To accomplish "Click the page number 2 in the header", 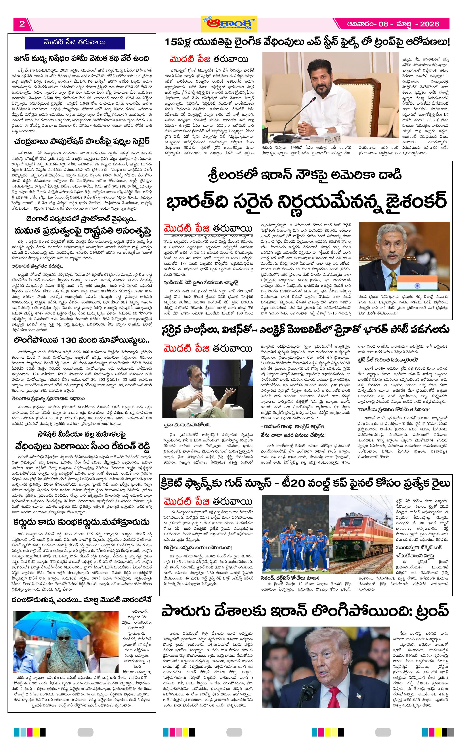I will click(22, 24).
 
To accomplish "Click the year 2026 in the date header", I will click(429, 24).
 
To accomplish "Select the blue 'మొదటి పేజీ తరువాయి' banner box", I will click(75, 43).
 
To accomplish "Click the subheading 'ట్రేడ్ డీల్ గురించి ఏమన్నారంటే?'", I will click(388, 360).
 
